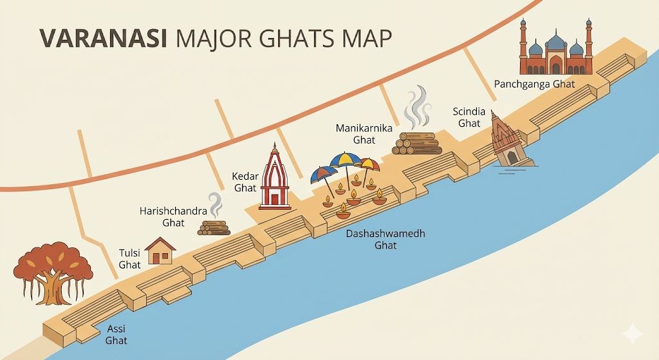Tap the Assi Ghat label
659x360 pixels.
116,335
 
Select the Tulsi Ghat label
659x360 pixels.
129,258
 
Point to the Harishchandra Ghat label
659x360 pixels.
165,217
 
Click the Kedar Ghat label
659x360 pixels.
245,182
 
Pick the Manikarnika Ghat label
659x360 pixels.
364,134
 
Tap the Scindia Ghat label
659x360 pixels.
467,117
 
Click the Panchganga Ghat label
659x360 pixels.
534,84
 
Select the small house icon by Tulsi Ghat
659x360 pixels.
161,251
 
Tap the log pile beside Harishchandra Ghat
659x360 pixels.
214,227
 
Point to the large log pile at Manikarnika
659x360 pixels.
416,143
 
